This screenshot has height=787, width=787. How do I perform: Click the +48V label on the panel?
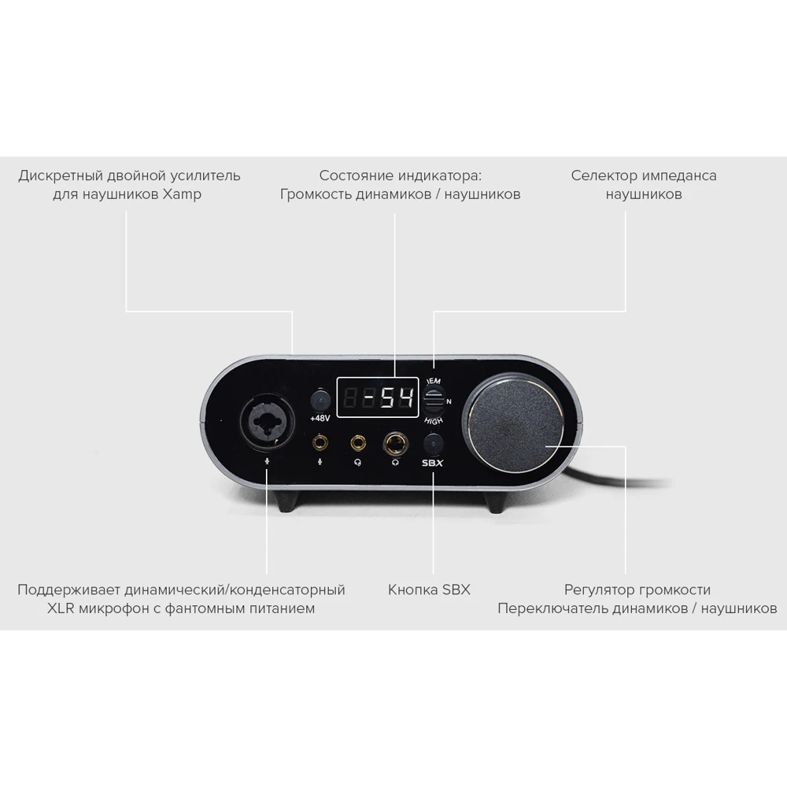[320, 418]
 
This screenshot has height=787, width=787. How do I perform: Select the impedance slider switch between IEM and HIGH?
[432, 401]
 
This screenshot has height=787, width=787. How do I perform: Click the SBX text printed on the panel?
[433, 463]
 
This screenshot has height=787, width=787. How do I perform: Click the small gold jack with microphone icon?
[320, 444]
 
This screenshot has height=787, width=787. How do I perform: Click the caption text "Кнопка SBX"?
[429, 589]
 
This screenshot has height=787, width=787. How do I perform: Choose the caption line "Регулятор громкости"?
[637, 589]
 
